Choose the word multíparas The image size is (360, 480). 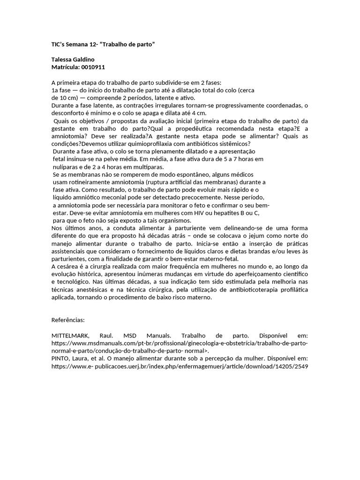[147, 167]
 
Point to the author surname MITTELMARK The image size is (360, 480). [71, 336]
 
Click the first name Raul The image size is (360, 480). [106, 336]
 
